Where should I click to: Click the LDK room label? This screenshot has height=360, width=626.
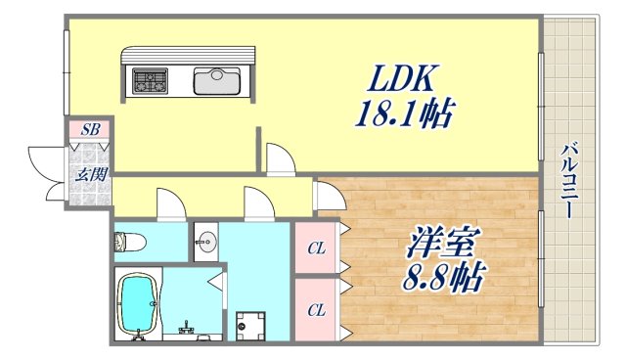(x=395, y=77)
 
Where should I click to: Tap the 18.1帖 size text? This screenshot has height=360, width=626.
(x=402, y=114)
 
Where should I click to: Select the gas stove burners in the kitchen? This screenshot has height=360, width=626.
(x=151, y=80)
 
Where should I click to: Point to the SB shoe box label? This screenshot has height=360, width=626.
(x=90, y=129)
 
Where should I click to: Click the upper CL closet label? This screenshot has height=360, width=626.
(x=315, y=247)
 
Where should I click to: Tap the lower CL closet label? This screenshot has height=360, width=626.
(x=315, y=310)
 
